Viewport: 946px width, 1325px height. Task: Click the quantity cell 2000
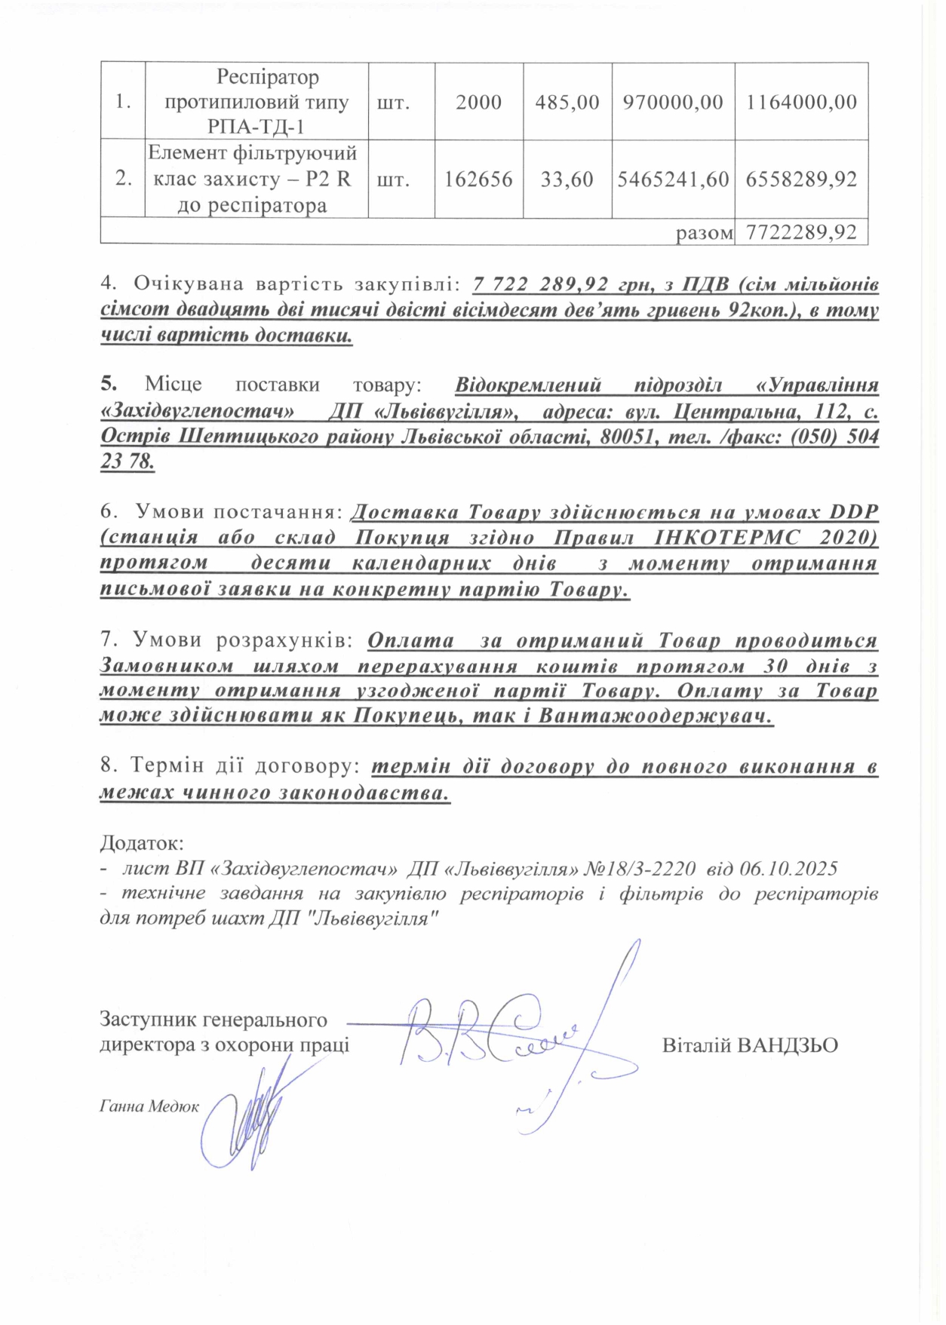pos(478,102)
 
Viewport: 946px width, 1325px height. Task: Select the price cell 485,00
pos(567,102)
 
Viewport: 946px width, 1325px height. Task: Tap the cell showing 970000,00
pos(673,102)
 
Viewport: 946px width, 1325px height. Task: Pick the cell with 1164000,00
pos(801,102)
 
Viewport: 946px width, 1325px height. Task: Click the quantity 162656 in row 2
pos(478,179)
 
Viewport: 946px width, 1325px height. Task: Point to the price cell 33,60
pos(567,179)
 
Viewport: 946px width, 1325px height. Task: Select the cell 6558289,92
pos(801,179)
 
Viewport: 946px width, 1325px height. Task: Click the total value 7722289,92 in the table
pos(801,232)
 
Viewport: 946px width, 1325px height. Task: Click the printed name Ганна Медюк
pos(149,1106)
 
